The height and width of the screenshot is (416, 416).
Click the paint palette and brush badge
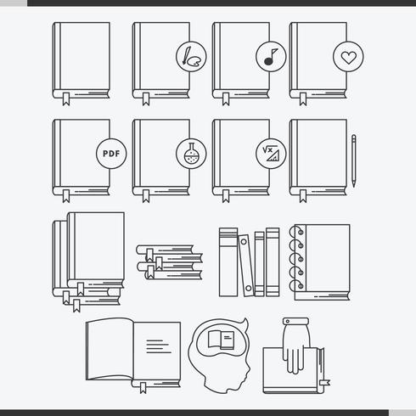191,57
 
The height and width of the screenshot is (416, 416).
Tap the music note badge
271,57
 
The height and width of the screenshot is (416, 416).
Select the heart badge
348,57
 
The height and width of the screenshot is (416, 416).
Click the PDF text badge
111,154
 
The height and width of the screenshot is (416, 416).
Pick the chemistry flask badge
191,154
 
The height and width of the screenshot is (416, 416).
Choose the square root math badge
271,154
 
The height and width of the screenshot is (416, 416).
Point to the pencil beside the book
354,160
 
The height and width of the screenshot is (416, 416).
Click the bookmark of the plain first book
66,99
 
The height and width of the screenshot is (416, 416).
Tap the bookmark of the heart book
303,99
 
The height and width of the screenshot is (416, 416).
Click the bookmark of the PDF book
66,196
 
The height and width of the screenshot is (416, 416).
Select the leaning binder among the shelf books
245,266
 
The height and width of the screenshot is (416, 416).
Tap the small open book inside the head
221,340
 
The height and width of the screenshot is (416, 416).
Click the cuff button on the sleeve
288,322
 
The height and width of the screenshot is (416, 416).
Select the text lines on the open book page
159,346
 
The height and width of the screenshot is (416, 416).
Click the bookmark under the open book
143,387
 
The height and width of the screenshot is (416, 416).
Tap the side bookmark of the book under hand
324,383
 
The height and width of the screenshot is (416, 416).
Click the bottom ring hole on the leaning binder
249,289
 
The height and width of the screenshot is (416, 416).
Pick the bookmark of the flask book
146,196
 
